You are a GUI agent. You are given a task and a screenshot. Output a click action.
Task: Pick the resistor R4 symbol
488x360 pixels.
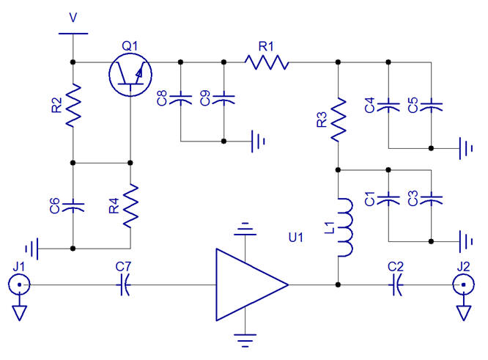coord(130,205)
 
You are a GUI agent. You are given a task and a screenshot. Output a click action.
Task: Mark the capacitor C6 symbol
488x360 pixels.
coord(73,205)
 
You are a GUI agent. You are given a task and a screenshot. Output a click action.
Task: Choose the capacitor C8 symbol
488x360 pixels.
coord(181,98)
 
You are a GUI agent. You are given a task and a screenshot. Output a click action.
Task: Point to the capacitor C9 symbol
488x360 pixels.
coord(224,98)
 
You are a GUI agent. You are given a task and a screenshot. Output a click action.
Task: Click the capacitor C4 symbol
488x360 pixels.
coord(388,104)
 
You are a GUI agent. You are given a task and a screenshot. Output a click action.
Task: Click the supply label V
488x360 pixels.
coord(72,16)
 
